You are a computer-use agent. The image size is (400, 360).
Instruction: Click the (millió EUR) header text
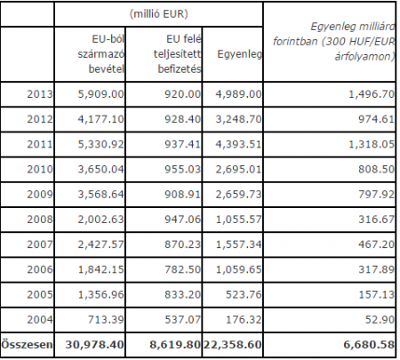pyautogui.click(x=159, y=14)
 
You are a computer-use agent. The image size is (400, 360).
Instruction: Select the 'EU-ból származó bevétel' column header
pyautogui.click(x=100, y=54)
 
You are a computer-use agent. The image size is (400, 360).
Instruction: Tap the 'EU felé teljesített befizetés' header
pyautogui.click(x=178, y=54)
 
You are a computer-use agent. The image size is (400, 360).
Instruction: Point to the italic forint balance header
pyautogui.click(x=334, y=42)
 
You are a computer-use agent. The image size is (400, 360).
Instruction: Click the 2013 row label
pyautogui.click(x=40, y=94)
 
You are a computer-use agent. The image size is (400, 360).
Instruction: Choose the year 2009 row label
pyautogui.click(x=40, y=195)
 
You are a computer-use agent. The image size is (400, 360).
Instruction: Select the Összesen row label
pyautogui.click(x=27, y=345)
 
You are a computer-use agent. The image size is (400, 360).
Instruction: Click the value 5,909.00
pyautogui.click(x=100, y=94)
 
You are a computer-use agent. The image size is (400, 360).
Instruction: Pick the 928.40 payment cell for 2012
pyautogui.click(x=183, y=119)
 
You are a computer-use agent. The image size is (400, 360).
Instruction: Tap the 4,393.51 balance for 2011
pyautogui.click(x=238, y=144)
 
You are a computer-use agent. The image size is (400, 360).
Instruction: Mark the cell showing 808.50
pyautogui.click(x=376, y=169)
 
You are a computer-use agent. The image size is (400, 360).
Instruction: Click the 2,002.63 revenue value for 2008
pyautogui.click(x=100, y=220)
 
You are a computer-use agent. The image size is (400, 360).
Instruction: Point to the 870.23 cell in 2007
pyautogui.click(x=183, y=244)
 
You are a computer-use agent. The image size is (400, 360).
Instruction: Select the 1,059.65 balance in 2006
pyautogui.click(x=238, y=269)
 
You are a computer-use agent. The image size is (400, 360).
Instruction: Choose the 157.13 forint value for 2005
pyautogui.click(x=376, y=294)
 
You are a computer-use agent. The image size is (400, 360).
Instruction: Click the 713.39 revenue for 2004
pyautogui.click(x=106, y=319)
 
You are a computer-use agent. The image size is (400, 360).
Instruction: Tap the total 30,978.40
pyautogui.click(x=94, y=345)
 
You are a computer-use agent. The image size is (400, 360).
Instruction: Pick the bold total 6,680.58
pyautogui.click(x=369, y=345)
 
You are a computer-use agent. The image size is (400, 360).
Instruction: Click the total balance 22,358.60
pyautogui.click(x=232, y=345)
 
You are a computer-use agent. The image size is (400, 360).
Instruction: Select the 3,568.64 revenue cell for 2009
pyautogui.click(x=100, y=195)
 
